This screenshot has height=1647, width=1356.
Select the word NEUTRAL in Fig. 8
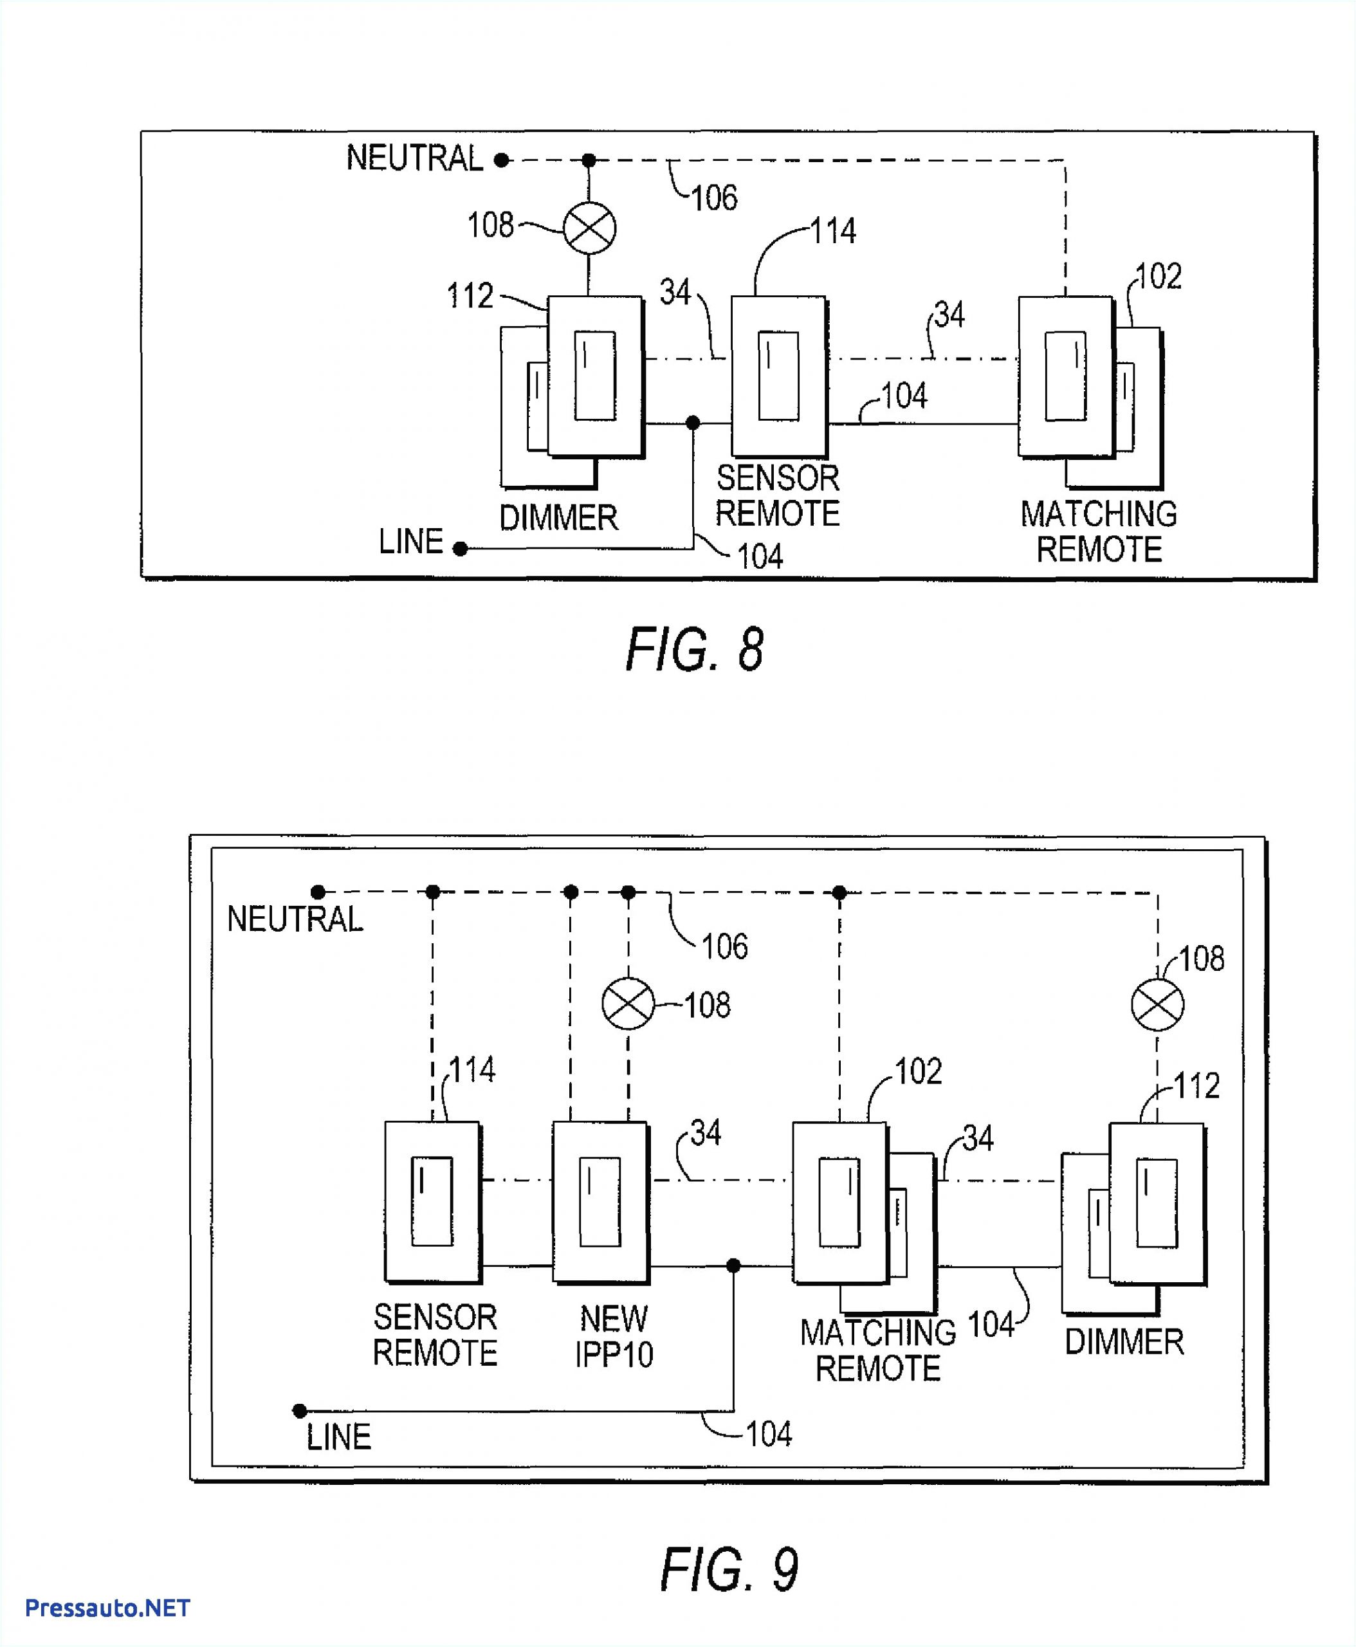[x=415, y=159]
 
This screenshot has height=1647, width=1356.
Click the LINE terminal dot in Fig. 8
[x=461, y=549]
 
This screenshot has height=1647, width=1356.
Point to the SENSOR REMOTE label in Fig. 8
[x=777, y=495]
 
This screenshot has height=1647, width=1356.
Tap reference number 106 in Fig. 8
[x=714, y=198]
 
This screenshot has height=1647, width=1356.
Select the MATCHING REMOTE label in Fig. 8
[x=1098, y=531]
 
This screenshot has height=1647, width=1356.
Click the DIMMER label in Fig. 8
[x=558, y=517]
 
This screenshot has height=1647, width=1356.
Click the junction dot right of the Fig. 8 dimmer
[x=693, y=423]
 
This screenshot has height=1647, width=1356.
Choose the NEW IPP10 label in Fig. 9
[x=614, y=1337]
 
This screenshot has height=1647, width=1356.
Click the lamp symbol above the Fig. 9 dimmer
[x=1158, y=1004]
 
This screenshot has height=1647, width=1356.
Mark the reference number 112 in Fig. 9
[x=1196, y=1085]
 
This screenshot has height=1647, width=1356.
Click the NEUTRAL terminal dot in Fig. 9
[x=318, y=892]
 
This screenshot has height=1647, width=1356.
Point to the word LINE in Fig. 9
[x=338, y=1437]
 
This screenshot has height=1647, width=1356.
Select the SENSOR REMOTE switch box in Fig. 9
[x=432, y=1202]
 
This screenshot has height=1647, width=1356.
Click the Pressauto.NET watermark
[x=108, y=1608]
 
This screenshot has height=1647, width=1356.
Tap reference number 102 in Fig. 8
[x=1159, y=276]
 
